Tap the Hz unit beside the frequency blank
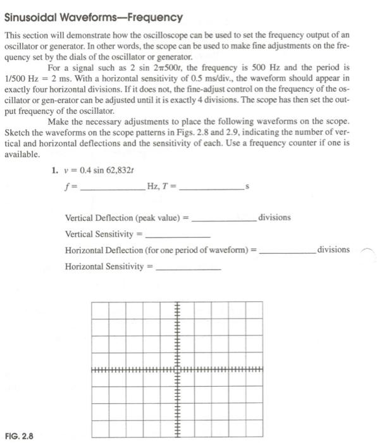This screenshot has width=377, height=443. (x=152, y=185)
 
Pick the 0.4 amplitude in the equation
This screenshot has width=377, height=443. (x=86, y=170)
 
